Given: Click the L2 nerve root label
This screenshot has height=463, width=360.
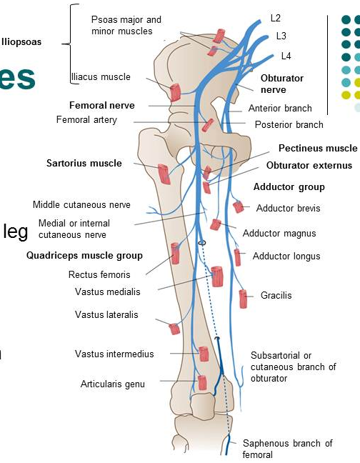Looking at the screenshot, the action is coord(275,18).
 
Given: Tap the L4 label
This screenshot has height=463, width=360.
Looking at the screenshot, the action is coord(286,56).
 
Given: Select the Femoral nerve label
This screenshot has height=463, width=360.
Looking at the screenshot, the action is coord(102,105).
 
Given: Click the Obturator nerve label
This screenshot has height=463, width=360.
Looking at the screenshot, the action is coord(282,84).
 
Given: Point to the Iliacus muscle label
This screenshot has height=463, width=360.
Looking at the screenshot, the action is coord(101,76).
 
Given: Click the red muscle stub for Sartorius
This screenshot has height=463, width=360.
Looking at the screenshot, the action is coord(164,174).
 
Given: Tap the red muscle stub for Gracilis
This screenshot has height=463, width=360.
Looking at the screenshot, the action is coord(243,299).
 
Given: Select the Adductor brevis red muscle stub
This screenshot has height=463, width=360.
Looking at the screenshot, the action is coord(239,206).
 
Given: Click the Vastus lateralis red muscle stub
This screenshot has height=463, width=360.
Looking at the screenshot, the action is coord(174,329).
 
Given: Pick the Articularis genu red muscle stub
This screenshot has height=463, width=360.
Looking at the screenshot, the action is coord(202,383).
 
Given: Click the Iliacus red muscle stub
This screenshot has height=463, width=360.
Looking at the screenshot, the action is coord(175,92).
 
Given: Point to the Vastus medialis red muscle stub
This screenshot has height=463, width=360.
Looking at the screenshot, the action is coord(217,277).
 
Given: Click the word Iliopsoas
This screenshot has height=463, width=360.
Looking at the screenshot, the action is coord(21,42).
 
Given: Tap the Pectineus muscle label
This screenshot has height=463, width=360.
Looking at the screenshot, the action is coord(318,148).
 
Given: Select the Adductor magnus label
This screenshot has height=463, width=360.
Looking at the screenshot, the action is coord(279,233).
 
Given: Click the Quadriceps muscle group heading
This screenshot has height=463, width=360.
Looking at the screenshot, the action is coord(84,255).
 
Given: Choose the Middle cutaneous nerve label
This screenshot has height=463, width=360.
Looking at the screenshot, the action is coord(81,204).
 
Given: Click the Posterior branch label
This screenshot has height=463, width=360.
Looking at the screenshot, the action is coord(289,124).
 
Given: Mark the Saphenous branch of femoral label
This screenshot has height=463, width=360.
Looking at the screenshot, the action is coord(287,449).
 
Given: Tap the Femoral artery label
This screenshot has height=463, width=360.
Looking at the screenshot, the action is coord(86,119).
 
